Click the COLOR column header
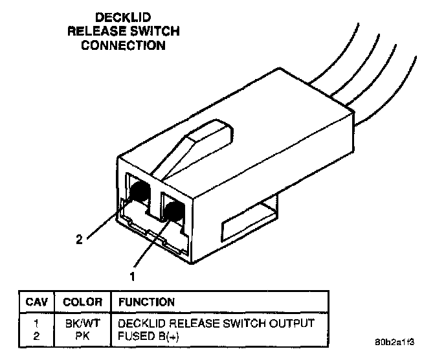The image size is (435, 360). tap(82, 302)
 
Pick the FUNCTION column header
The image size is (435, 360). tap(146, 302)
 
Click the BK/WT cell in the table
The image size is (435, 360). tap(82, 322)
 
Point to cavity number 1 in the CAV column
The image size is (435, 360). tap(36, 322)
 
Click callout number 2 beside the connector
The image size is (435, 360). tap(79, 240)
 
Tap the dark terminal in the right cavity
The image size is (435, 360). tap(172, 211)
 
